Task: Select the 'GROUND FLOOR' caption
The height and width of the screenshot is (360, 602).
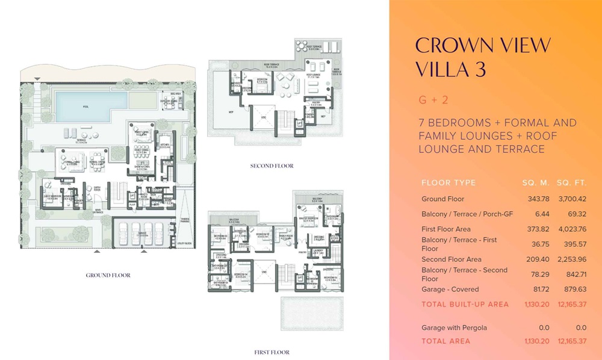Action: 108,275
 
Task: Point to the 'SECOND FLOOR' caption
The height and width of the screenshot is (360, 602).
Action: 272,166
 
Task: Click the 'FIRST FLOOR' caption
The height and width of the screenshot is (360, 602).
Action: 272,352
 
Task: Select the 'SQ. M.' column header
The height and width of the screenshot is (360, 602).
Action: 534,182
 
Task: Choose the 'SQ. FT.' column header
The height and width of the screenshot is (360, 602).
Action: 573,182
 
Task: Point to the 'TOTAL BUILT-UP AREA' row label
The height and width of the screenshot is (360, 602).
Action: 465,304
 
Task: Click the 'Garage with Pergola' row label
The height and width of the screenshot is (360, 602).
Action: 455,327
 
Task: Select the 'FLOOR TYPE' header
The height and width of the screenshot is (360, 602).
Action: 448,182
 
